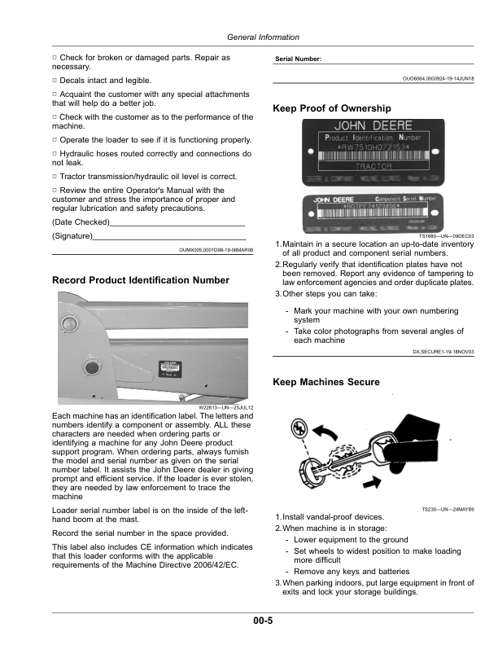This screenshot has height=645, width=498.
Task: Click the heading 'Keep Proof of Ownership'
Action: coord(332,108)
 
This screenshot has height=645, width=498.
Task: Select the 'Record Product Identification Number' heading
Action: coord(141,280)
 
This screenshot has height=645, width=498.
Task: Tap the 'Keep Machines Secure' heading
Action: coord(325,381)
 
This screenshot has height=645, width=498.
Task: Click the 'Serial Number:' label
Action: coord(299,59)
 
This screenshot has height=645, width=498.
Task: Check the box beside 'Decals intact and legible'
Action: coord(55,80)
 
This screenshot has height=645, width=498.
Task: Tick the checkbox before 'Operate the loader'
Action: coord(55,139)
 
